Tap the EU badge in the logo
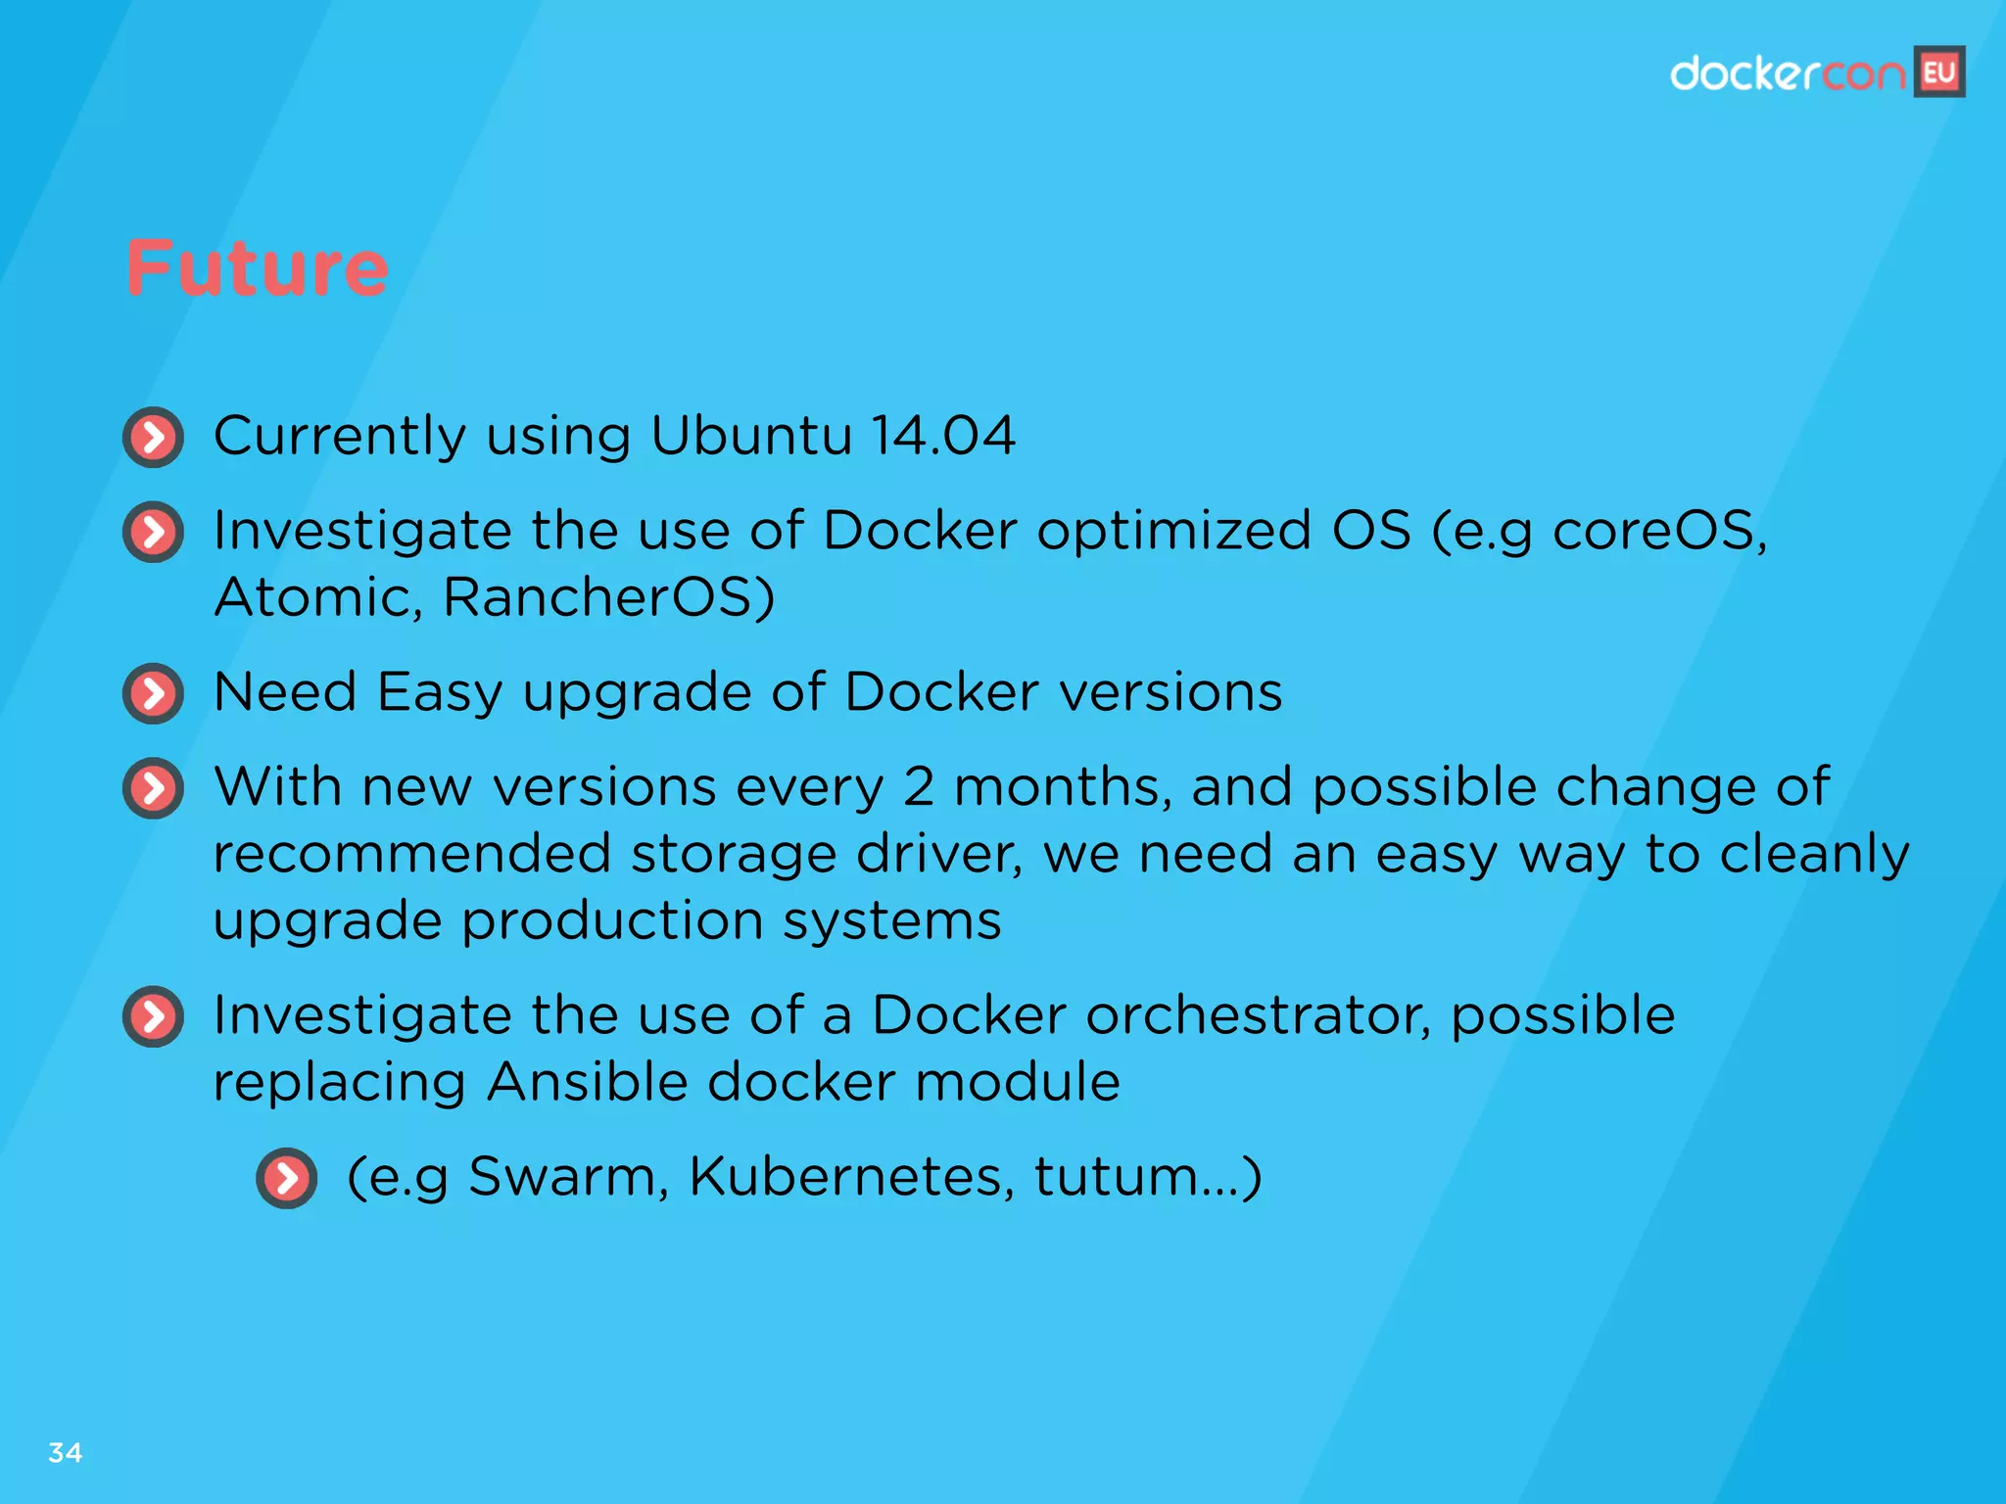(x=1939, y=72)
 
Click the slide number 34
(x=65, y=1452)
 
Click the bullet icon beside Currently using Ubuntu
(x=154, y=437)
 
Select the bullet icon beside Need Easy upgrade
(x=154, y=693)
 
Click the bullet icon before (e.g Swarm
(x=287, y=1178)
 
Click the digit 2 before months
(x=918, y=786)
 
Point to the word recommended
(x=411, y=854)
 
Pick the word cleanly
(x=1814, y=854)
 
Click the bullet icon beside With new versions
(x=154, y=788)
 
